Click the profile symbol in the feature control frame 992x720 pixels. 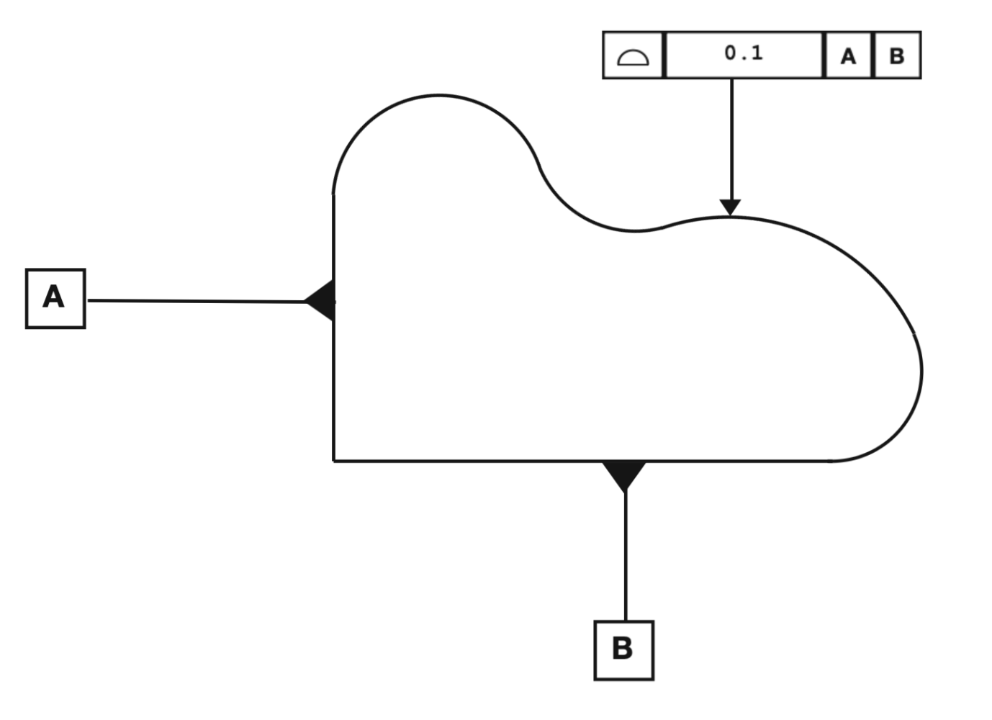[x=633, y=58]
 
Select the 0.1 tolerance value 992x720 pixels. [x=744, y=53]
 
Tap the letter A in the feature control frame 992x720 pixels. [x=848, y=56]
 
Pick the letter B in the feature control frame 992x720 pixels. [x=897, y=55]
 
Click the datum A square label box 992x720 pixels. [x=55, y=299]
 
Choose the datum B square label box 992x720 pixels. [x=624, y=650]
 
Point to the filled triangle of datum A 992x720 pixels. [x=320, y=300]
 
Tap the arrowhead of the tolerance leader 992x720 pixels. [x=730, y=207]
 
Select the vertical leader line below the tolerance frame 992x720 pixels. [x=731, y=139]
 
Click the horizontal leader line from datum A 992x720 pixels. [x=197, y=301]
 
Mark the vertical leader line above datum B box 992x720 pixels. [x=626, y=557]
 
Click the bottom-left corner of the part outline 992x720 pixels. [x=334, y=461]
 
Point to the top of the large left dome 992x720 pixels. [x=438, y=95]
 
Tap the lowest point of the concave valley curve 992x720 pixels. [x=636, y=230]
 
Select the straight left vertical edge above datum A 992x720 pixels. [x=334, y=237]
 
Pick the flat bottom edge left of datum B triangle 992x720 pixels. [x=468, y=461]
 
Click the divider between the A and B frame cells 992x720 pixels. [x=873, y=55]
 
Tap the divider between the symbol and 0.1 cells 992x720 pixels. [x=664, y=55]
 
